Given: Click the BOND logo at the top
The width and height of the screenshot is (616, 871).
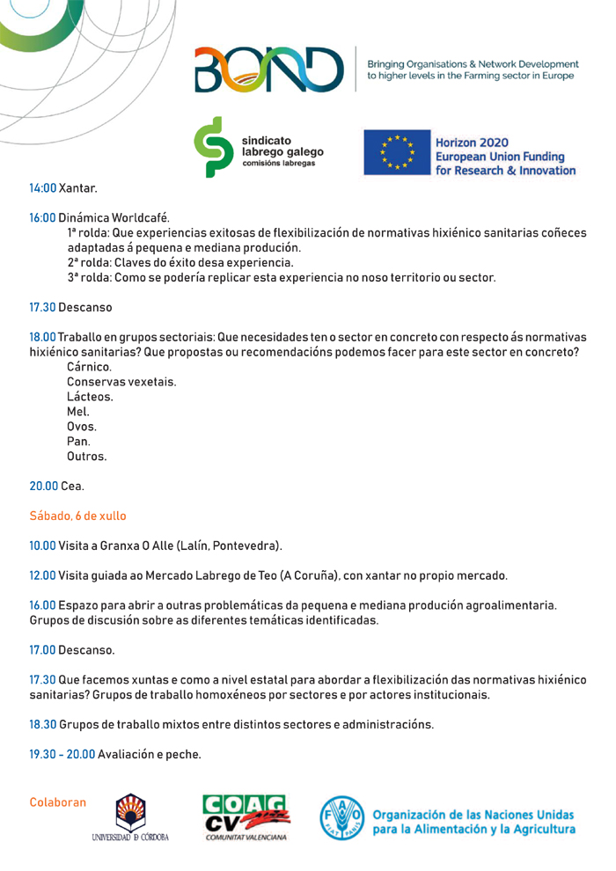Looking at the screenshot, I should (269, 69).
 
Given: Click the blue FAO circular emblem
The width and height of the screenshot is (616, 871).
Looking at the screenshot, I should (341, 817).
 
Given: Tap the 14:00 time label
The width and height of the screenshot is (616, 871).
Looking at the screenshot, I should (42, 188).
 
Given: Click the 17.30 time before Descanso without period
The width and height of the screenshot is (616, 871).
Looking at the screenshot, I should (42, 308).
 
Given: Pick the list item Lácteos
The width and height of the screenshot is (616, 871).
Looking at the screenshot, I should (90, 397).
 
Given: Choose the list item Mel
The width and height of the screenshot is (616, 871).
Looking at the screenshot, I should (78, 412).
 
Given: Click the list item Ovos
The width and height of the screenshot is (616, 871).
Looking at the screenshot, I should (82, 427).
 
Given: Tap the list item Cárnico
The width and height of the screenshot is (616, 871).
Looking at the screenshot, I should (89, 366).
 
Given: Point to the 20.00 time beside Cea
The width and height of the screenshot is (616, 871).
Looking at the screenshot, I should (43, 486).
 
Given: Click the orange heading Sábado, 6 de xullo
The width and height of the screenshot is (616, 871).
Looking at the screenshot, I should (77, 516).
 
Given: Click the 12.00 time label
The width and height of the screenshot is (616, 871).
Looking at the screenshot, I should (42, 575).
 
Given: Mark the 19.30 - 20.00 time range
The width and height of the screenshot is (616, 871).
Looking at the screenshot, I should (62, 754).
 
